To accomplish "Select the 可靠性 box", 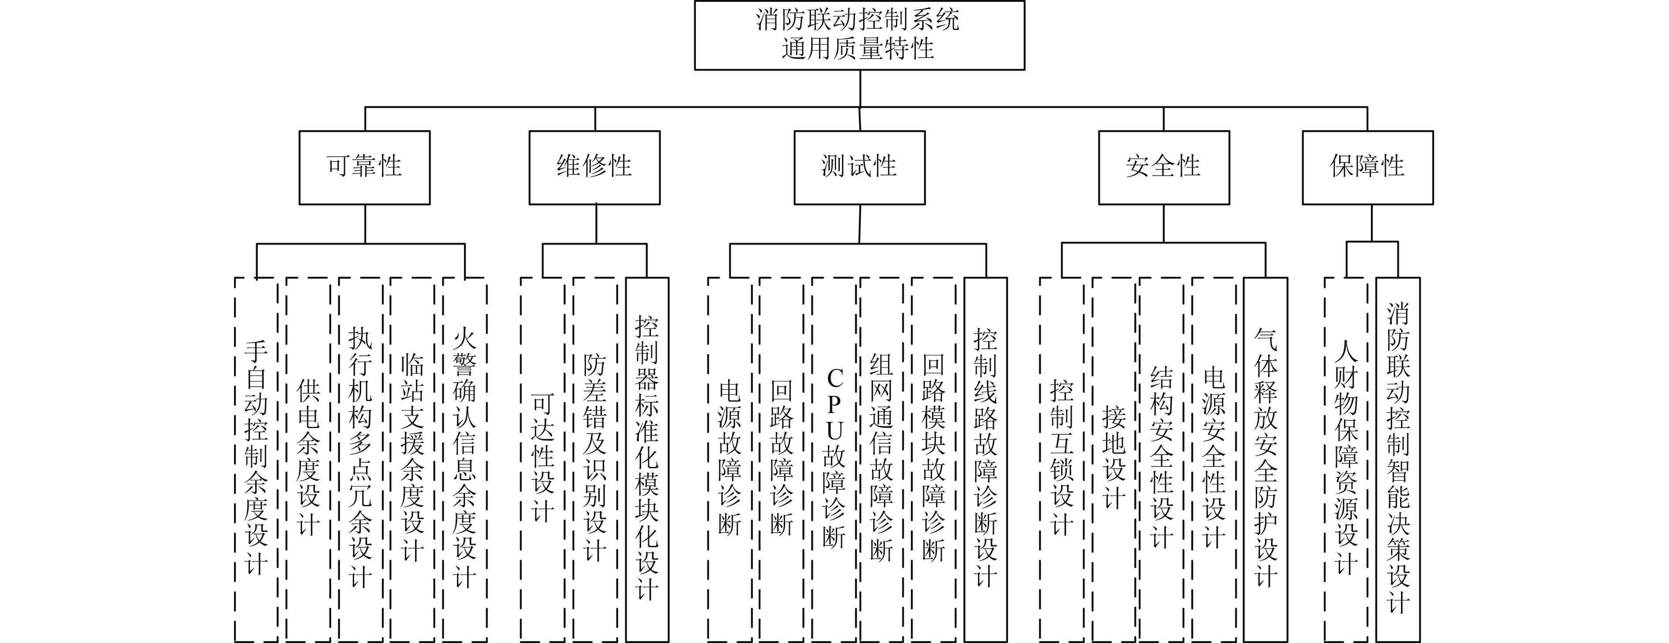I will click(364, 167).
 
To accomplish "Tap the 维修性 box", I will click(594, 167).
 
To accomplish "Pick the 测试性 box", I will click(859, 167).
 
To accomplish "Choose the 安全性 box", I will click(1163, 167).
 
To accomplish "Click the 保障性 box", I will click(1367, 167).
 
